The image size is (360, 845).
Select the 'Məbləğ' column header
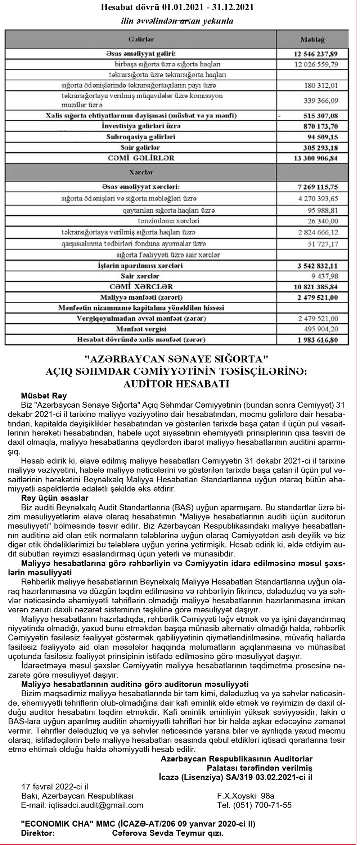click(x=312, y=39)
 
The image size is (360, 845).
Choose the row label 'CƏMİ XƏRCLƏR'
click(x=141, y=287)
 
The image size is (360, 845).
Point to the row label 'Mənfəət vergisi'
click(x=141, y=329)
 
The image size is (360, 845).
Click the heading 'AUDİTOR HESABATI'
click(x=176, y=384)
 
